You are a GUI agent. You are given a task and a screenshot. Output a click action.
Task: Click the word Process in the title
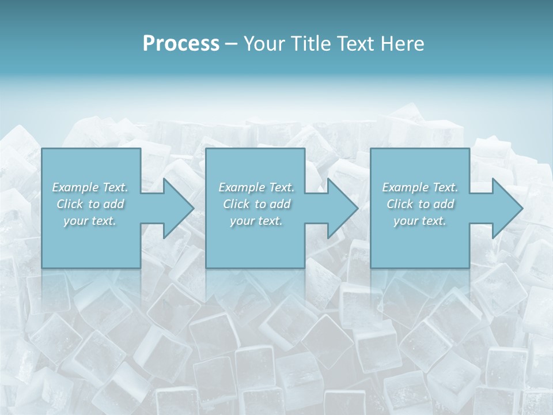coord(181,44)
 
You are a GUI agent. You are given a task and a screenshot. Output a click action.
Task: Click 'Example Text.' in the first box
coord(90,187)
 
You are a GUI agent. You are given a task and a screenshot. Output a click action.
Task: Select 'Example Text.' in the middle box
coord(256,187)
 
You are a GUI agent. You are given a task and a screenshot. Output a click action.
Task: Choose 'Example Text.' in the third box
coord(420,187)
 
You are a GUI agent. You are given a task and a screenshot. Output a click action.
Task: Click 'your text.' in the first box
coord(90,221)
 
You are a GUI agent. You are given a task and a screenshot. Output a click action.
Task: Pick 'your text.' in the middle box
coord(256,221)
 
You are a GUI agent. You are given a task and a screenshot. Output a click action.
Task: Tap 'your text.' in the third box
coord(420,221)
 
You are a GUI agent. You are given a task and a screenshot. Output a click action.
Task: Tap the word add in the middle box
coord(280,204)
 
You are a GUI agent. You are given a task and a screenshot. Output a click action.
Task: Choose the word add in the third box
coord(444,204)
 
